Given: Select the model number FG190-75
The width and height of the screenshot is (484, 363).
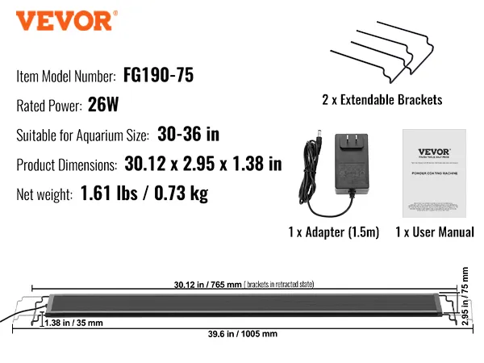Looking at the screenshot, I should click(159, 76).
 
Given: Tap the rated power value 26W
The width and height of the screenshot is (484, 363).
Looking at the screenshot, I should click(102, 105).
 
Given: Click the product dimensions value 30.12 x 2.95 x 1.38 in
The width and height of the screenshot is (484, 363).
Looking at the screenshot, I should click(203, 165).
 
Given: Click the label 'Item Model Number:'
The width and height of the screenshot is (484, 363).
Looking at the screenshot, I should click(66, 77).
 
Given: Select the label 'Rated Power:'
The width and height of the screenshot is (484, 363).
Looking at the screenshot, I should click(49, 106).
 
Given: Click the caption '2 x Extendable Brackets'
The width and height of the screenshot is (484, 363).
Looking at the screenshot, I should click(382, 101).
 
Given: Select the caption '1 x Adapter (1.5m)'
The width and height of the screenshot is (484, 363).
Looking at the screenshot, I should click(332, 232).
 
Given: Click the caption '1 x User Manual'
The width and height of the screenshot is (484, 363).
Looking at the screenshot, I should click(434, 232).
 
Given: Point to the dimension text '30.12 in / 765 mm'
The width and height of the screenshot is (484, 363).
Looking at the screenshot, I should click(207, 284).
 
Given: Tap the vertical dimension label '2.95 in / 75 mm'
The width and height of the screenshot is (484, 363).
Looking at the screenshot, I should click(465, 296).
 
